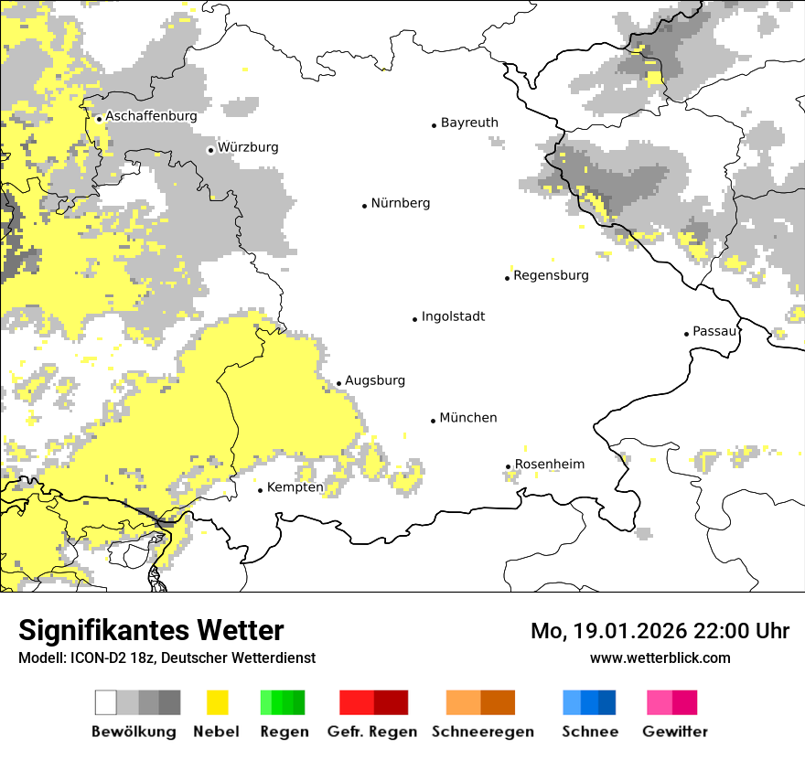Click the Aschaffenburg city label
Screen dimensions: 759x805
click(x=151, y=116)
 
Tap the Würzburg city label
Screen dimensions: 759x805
click(x=248, y=147)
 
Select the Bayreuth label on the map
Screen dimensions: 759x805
click(x=469, y=123)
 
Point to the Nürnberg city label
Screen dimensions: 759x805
click(x=400, y=203)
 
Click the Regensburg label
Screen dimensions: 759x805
click(x=551, y=275)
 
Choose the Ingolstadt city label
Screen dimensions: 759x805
click(x=453, y=316)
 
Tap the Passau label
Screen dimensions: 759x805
click(x=714, y=331)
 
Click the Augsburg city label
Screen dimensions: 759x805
click(x=374, y=380)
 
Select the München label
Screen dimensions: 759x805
click(x=468, y=418)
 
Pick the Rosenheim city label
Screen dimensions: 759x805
click(x=549, y=465)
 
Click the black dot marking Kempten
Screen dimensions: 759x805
click(x=260, y=490)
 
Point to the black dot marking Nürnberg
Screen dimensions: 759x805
click(x=364, y=206)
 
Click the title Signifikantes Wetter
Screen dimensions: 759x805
click(x=151, y=630)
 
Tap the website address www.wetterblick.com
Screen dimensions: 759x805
click(x=660, y=657)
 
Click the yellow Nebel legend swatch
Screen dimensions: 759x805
click(x=217, y=702)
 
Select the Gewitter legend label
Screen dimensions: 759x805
click(x=675, y=732)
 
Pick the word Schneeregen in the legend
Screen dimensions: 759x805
click(x=483, y=732)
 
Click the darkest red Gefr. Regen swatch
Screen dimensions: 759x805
click(x=391, y=702)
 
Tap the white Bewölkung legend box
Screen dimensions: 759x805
click(x=106, y=702)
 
